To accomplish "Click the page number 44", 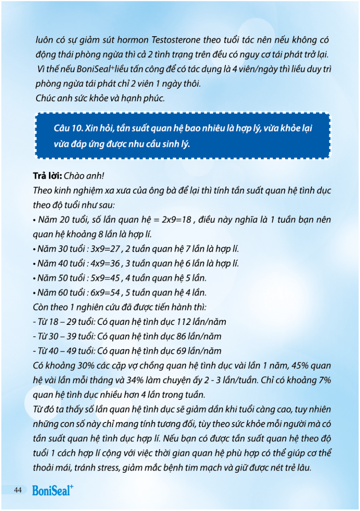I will pyautogui.click(x=17, y=490).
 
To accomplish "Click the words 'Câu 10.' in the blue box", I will pyautogui.click(x=68, y=128).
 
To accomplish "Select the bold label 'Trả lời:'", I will pyautogui.click(x=47, y=176).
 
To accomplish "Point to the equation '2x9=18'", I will pyautogui.click(x=177, y=220).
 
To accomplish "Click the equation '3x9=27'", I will pyautogui.click(x=107, y=249).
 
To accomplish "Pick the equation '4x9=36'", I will pyautogui.click(x=107, y=264).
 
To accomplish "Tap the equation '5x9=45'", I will pyautogui.click(x=107, y=278).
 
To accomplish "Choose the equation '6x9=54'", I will pyautogui.click(x=107, y=293).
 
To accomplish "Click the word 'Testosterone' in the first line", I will pyautogui.click(x=175, y=40).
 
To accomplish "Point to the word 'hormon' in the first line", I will pyautogui.click(x=132, y=40).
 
